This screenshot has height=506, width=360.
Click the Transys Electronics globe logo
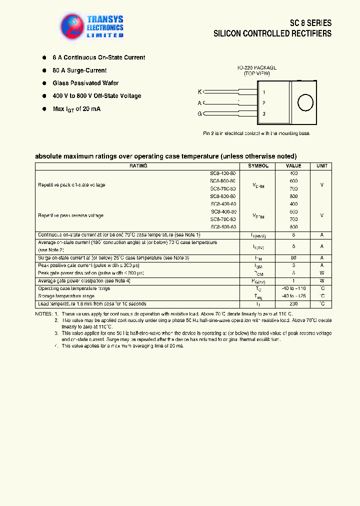(71, 25)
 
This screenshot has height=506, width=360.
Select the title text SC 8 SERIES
(310, 23)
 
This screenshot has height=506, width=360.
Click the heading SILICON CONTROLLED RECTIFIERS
(272, 34)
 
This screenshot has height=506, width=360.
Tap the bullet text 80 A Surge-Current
(79, 70)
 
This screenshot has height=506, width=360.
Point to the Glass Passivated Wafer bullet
(85, 83)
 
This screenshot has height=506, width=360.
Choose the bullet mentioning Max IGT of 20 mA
(76, 109)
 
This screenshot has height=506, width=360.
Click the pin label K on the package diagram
(200, 91)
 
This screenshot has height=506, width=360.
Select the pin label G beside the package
(200, 114)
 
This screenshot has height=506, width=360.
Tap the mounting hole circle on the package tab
(305, 102)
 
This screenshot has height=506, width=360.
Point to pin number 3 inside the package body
(264, 114)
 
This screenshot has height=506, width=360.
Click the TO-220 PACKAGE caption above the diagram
(257, 67)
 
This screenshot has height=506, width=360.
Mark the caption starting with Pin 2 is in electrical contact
(256, 133)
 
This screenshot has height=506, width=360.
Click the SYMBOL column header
(258, 166)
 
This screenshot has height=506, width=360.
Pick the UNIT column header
(321, 166)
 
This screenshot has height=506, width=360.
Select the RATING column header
(138, 166)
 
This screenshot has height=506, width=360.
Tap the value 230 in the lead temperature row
(293, 304)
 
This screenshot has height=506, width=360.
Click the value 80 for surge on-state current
(293, 257)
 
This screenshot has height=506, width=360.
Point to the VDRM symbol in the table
(258, 185)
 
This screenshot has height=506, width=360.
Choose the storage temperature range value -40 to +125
(293, 296)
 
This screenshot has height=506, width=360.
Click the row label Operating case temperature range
(74, 288)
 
